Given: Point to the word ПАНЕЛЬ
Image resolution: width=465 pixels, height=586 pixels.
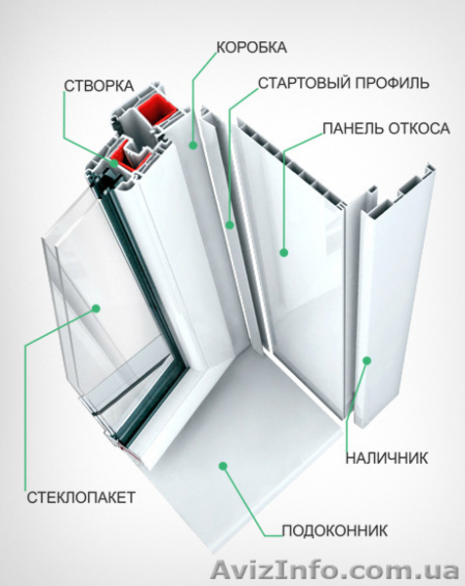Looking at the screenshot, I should tap(355, 128).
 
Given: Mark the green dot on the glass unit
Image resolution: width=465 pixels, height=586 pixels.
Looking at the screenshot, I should tap(98, 309).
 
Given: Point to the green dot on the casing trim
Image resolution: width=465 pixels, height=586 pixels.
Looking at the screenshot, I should tap(368, 361).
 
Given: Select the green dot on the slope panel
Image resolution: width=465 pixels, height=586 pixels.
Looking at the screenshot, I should tap(284, 252).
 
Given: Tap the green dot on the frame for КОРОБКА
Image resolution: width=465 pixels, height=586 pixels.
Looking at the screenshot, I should tap(192, 146).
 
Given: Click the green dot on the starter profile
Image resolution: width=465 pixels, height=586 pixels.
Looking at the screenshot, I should tap(231, 226).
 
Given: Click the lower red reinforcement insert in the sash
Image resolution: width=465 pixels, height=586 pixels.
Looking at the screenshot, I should tap(126, 153).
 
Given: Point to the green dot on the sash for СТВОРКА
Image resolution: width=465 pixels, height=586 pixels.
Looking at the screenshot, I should tap(115, 164).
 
